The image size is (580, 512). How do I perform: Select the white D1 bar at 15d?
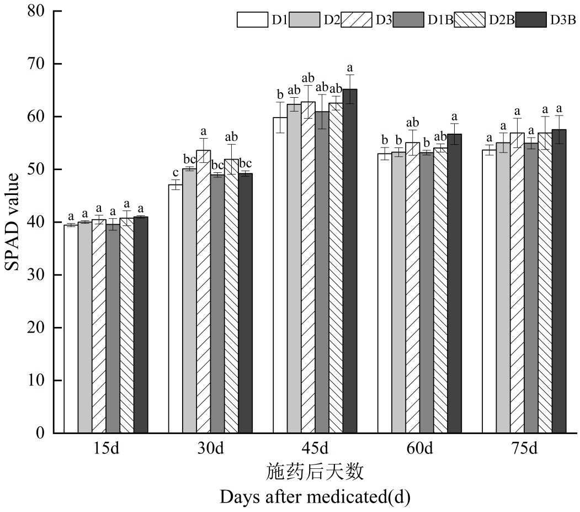(71, 329)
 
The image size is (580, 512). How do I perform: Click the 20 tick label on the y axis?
(35, 328)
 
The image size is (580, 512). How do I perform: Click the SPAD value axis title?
(13, 222)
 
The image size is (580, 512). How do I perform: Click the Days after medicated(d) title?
(315, 497)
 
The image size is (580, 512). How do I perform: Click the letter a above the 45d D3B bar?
(350, 68)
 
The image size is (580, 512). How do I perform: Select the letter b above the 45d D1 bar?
(280, 93)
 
